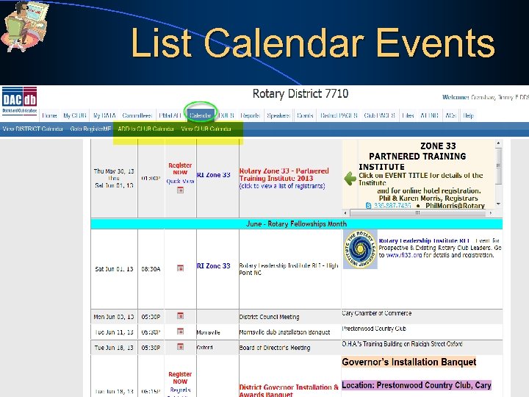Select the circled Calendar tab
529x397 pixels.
(201, 115)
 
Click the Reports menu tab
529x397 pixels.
(250, 115)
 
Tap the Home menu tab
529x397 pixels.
(49, 115)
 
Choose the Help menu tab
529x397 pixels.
(468, 115)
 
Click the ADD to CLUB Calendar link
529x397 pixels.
(145, 129)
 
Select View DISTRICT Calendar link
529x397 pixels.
(33, 129)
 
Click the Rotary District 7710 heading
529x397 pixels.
(301, 94)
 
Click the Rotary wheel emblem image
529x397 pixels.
(360, 249)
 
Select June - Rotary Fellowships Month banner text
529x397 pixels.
(296, 223)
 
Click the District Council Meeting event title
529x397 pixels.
(269, 317)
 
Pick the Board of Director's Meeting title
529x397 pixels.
(275, 348)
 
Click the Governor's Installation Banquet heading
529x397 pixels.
(409, 362)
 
